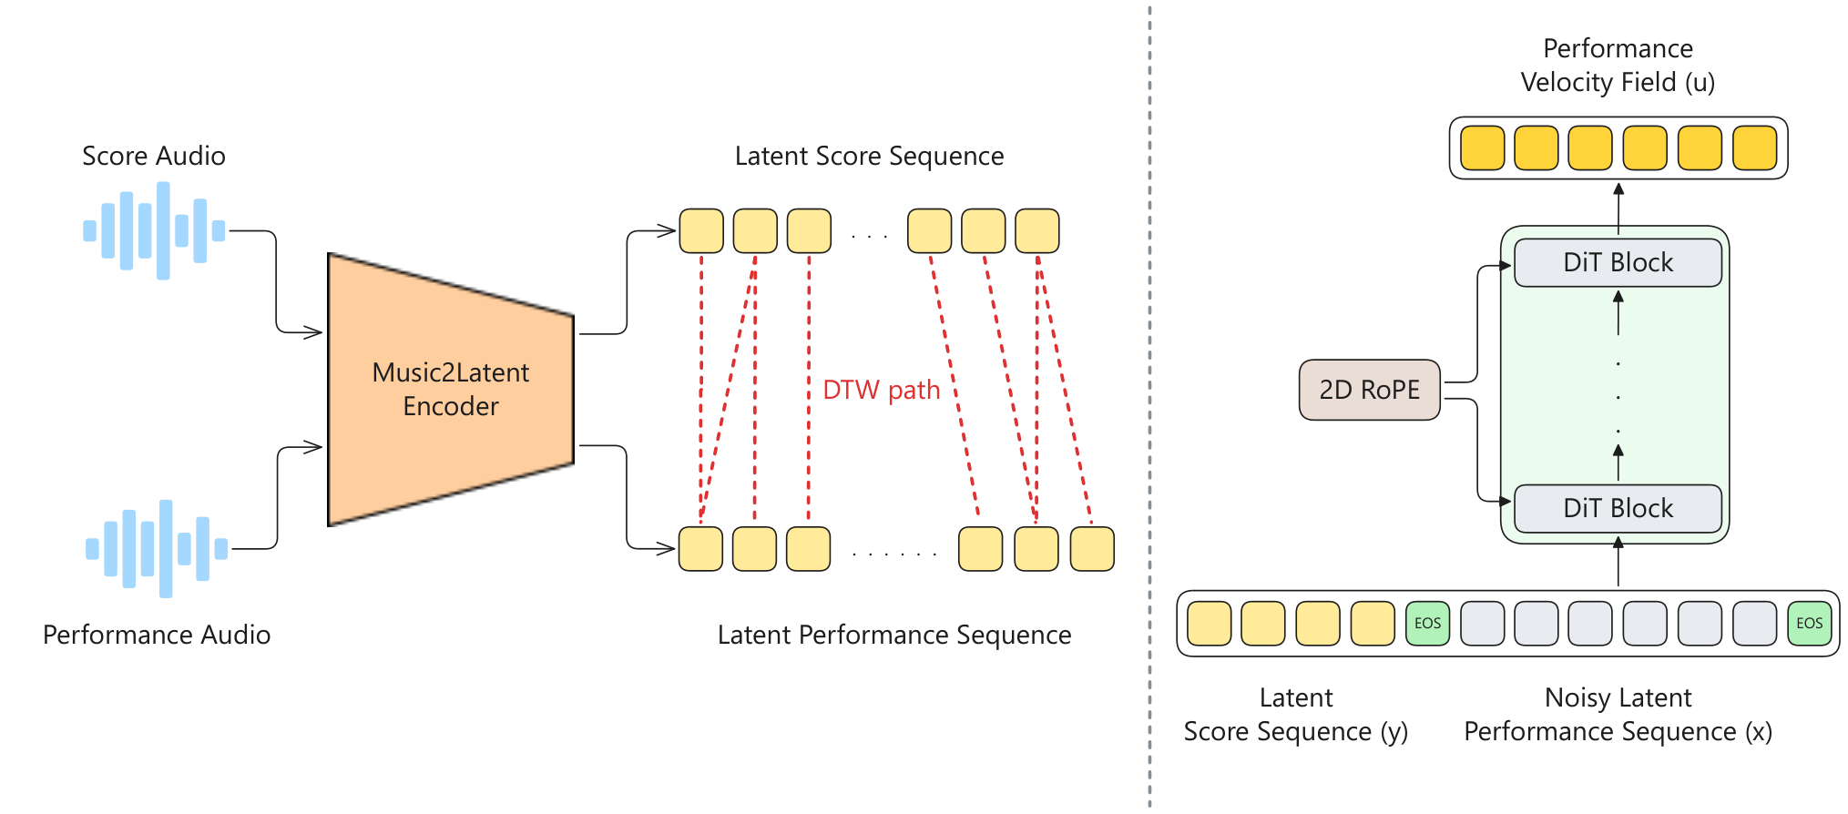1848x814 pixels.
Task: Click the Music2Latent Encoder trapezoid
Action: pyautogui.click(x=451, y=390)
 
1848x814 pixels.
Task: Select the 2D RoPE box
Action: pyautogui.click(x=1369, y=390)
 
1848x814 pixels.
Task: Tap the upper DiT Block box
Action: pyautogui.click(x=1618, y=262)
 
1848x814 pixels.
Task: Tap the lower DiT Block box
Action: pyautogui.click(x=1618, y=508)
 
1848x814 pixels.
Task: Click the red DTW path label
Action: pyautogui.click(x=881, y=390)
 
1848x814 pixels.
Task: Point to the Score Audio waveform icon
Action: pyautogui.click(x=154, y=230)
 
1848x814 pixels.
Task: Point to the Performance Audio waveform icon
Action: pyautogui.click(x=157, y=548)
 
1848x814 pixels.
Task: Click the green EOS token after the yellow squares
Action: pyautogui.click(x=1427, y=624)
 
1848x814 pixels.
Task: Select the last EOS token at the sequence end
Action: pyautogui.click(x=1809, y=624)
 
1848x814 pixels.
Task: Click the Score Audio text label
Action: pyautogui.click(x=154, y=156)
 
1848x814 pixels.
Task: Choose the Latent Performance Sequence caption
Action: pyautogui.click(x=894, y=635)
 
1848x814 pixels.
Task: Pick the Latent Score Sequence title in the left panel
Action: pyautogui.click(x=869, y=156)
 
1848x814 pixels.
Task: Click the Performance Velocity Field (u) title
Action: pyautogui.click(x=1618, y=65)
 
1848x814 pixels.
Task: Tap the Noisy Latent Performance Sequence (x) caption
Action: pyautogui.click(x=1618, y=715)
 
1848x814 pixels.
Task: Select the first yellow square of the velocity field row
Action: pyautogui.click(x=1482, y=148)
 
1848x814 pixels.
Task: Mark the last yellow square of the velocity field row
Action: pyautogui.click(x=1754, y=148)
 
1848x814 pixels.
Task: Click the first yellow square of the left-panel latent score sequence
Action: pyautogui.click(x=701, y=230)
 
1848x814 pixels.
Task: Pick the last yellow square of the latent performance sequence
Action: pyautogui.click(x=1092, y=549)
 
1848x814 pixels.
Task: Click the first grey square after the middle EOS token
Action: pyautogui.click(x=1482, y=624)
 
